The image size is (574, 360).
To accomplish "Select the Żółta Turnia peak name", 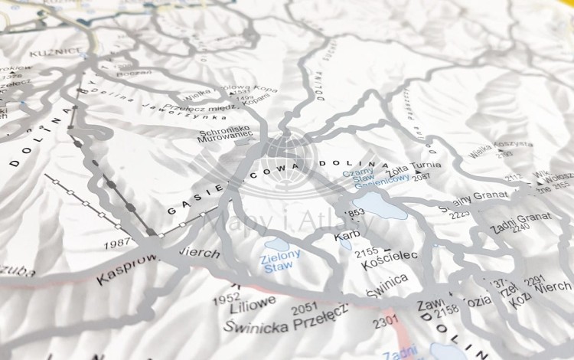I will click(x=413, y=165).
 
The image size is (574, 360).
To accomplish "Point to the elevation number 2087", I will click(x=422, y=178).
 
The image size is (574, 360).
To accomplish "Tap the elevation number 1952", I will click(x=227, y=297).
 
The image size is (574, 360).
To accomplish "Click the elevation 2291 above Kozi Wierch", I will click(x=535, y=280).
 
